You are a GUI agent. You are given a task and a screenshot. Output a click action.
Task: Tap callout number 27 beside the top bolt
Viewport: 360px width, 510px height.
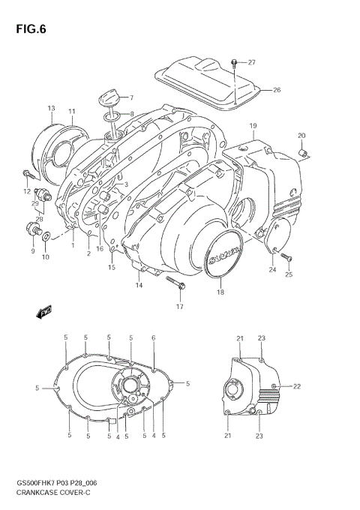pos(252,62)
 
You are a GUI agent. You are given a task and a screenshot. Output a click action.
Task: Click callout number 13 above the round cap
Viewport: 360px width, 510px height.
pos(51,109)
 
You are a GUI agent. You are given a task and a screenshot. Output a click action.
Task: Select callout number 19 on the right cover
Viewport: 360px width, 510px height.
pos(253,125)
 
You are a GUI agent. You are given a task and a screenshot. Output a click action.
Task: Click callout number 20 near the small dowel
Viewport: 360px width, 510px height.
pos(301,136)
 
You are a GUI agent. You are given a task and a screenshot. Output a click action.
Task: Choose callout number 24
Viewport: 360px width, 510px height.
pos(272,269)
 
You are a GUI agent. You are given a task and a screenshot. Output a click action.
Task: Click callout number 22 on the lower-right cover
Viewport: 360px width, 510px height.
pos(296,386)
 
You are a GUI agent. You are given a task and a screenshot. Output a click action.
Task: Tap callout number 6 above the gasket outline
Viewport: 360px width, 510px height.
pos(154,338)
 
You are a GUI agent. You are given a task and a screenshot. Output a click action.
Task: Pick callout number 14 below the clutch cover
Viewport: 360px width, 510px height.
pos(139,285)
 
